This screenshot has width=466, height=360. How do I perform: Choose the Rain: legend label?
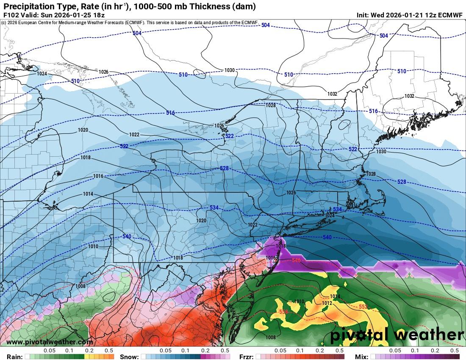(12, 357)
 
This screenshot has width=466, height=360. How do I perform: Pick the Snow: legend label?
(129, 357)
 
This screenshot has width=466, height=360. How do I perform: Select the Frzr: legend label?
(247, 357)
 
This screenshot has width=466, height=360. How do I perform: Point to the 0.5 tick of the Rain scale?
(109, 351)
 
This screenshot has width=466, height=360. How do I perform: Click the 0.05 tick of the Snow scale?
(166, 351)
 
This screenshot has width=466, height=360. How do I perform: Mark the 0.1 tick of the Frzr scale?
(300, 351)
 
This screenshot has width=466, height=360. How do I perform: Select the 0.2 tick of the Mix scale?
(435, 351)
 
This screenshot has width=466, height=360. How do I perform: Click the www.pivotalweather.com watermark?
(50, 342)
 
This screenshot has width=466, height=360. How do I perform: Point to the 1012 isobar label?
(327, 303)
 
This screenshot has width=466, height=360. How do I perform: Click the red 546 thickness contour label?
(297, 260)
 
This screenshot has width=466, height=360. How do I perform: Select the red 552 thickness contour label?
(363, 306)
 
